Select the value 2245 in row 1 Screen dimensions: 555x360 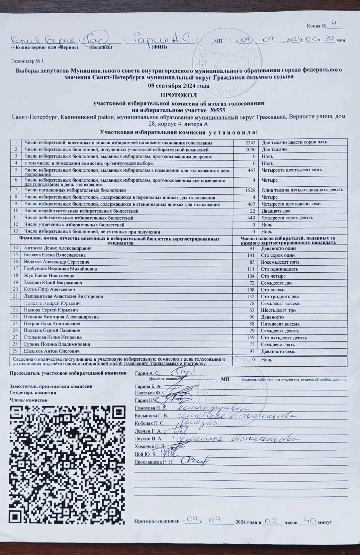[x=250, y=143]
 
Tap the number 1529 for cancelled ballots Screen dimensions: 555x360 [x=250, y=190]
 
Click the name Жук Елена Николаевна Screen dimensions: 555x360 [x=49, y=276]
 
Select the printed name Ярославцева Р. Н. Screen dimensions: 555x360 [x=153, y=462]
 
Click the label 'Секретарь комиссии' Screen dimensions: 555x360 [x=33, y=393]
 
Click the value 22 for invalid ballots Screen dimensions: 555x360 [x=252, y=211]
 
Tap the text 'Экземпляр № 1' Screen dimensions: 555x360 [x=28, y=61]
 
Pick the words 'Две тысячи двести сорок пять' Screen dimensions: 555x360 [x=294, y=143]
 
